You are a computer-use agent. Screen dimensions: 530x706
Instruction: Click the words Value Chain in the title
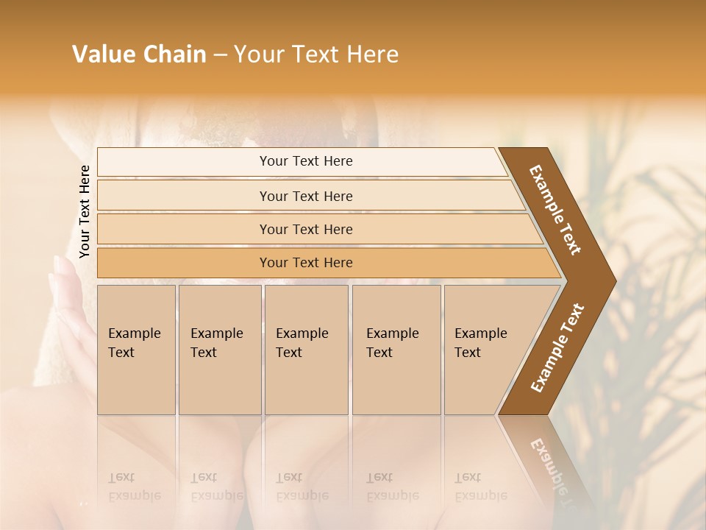click(x=139, y=54)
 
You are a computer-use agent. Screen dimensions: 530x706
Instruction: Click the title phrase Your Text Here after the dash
click(x=316, y=54)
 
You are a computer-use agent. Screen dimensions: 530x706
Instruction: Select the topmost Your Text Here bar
click(x=306, y=161)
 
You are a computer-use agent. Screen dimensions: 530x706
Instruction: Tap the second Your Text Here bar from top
click(x=306, y=196)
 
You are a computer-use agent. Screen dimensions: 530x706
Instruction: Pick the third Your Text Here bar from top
click(x=306, y=229)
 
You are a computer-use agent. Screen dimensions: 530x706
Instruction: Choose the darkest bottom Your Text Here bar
click(x=306, y=263)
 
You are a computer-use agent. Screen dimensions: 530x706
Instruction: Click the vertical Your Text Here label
click(x=85, y=211)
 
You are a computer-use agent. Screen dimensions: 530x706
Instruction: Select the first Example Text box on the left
click(x=136, y=349)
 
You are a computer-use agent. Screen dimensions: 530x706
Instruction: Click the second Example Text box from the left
click(x=219, y=349)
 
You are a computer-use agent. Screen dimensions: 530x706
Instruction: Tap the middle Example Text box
click(x=306, y=349)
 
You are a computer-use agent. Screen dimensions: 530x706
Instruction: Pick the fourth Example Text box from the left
click(x=396, y=349)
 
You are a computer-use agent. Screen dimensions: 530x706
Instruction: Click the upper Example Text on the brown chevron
click(x=555, y=210)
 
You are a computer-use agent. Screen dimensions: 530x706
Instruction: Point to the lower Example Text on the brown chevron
click(x=557, y=347)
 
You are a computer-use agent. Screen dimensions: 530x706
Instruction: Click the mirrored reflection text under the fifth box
click(x=479, y=487)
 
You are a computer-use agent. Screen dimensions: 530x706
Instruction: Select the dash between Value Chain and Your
click(x=220, y=55)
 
